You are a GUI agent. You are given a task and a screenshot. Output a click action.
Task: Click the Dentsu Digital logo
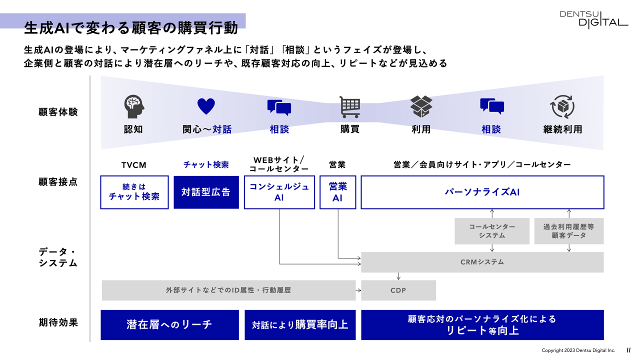pos(593,19)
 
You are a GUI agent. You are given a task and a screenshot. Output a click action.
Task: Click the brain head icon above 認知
pos(133,106)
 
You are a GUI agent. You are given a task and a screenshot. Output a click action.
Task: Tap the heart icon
pos(206,106)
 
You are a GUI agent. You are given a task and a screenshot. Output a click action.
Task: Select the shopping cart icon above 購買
pos(350,106)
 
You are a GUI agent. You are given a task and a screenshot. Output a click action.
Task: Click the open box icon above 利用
pos(421,106)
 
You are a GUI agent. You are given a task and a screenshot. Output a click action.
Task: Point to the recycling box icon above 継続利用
pos(562,106)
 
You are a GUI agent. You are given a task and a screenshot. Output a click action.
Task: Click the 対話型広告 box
pos(206,192)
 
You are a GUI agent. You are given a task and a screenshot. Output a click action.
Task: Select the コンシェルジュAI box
pos(279,192)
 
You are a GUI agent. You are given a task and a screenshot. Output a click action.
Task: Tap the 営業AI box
pos(337,192)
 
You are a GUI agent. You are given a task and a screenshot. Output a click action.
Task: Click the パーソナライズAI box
pos(482,192)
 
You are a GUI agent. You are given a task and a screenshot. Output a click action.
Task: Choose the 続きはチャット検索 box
pos(134,192)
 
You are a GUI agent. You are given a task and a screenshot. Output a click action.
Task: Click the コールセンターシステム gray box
pos(492,231)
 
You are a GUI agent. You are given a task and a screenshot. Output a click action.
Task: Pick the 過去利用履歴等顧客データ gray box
pos(569,231)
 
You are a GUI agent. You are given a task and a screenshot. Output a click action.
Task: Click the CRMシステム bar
pos(482,262)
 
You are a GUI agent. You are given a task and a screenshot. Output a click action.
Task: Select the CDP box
pos(398,290)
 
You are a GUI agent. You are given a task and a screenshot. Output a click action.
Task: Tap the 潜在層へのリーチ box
pos(169,324)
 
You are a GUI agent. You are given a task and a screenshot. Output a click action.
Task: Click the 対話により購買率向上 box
pos(300,324)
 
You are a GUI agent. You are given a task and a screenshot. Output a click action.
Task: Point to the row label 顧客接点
pos(58,182)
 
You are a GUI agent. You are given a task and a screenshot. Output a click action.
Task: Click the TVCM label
pos(134,165)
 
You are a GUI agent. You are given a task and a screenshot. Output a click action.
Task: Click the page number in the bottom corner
pos(628,350)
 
